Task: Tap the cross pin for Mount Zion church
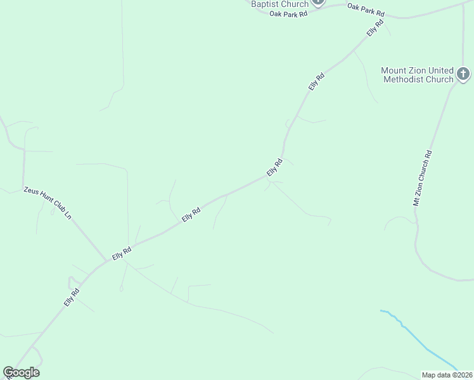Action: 463,73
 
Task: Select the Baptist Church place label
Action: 279,4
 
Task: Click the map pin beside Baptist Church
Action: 318,3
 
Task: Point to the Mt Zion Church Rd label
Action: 422,178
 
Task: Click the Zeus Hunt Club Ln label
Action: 48,203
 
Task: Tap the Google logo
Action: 21,372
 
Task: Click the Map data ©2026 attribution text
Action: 447,374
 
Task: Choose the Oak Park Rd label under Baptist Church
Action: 288,13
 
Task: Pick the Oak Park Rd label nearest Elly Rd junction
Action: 366,9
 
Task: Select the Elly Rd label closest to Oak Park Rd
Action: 375,28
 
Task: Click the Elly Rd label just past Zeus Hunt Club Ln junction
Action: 121,253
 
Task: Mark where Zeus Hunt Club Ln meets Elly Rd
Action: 107,260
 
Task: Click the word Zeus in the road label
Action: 30,191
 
